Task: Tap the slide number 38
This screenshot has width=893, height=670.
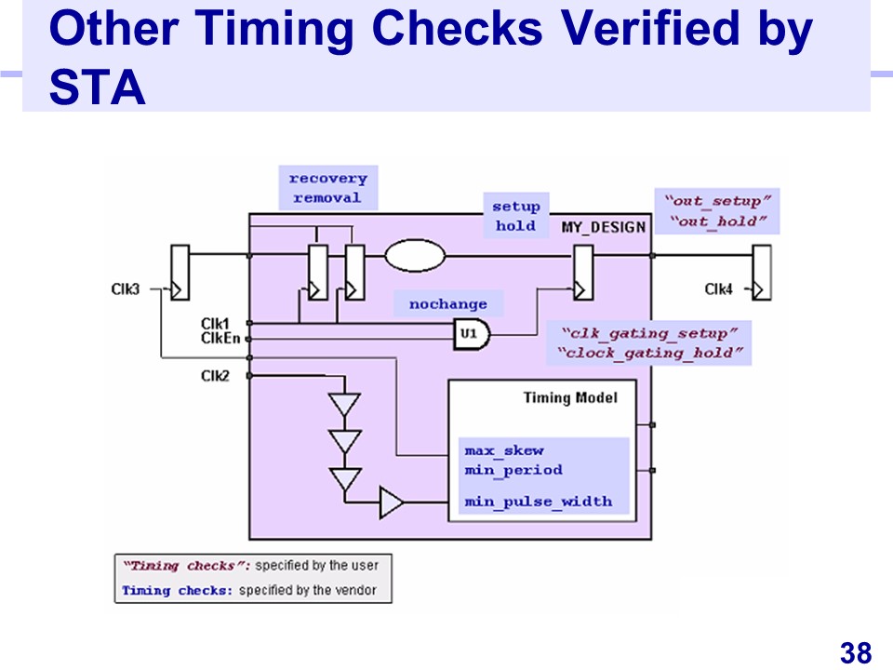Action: [x=855, y=653]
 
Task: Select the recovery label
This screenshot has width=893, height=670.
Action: [x=327, y=179]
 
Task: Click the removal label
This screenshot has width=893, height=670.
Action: [x=327, y=197]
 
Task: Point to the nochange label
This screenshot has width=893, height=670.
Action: [x=447, y=304]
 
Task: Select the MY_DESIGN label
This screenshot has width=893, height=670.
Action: [x=603, y=227]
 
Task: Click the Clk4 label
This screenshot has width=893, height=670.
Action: [x=718, y=289]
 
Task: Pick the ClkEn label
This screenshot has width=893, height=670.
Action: [x=220, y=338]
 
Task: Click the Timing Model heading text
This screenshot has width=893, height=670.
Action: [x=570, y=398]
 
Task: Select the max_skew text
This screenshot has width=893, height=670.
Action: [x=504, y=451]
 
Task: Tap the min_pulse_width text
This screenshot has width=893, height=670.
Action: [x=539, y=502]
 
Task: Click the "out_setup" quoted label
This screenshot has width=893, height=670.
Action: [x=717, y=201]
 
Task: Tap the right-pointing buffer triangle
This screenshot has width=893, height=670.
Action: [x=391, y=503]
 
